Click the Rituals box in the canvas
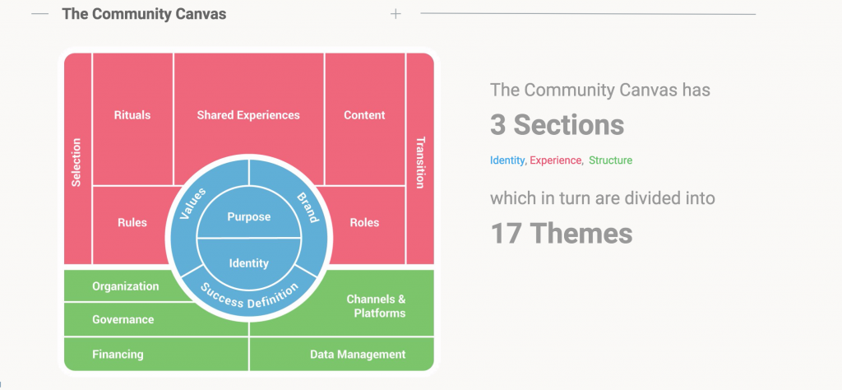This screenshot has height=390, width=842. point(132,118)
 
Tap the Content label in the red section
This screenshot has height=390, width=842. point(364,115)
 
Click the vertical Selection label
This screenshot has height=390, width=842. point(76,162)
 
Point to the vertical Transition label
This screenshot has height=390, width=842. point(420,163)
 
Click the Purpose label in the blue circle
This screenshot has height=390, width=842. point(248,217)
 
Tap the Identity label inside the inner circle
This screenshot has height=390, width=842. point(248,263)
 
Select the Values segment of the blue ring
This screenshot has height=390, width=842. point(192,204)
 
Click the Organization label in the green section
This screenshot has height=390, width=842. point(126,286)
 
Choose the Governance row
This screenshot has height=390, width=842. point(155,319)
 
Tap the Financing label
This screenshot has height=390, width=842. point(118,355)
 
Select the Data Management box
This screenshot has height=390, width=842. point(341,355)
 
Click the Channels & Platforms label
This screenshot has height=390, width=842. point(376,306)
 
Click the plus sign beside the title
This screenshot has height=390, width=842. point(396,14)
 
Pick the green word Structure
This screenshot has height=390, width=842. point(611,160)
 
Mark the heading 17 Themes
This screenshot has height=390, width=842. point(561,234)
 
